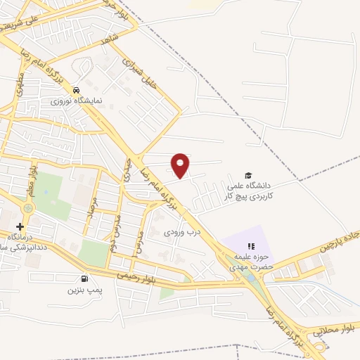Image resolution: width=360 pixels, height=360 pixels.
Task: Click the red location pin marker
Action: (181, 165)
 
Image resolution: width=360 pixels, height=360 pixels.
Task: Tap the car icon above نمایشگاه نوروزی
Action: (75, 90)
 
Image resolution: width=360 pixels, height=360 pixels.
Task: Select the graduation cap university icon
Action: (247, 175)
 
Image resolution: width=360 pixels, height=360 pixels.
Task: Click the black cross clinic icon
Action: (20, 226)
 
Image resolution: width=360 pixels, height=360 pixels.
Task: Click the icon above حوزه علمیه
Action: (250, 245)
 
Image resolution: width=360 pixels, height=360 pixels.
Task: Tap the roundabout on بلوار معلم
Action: (28, 209)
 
